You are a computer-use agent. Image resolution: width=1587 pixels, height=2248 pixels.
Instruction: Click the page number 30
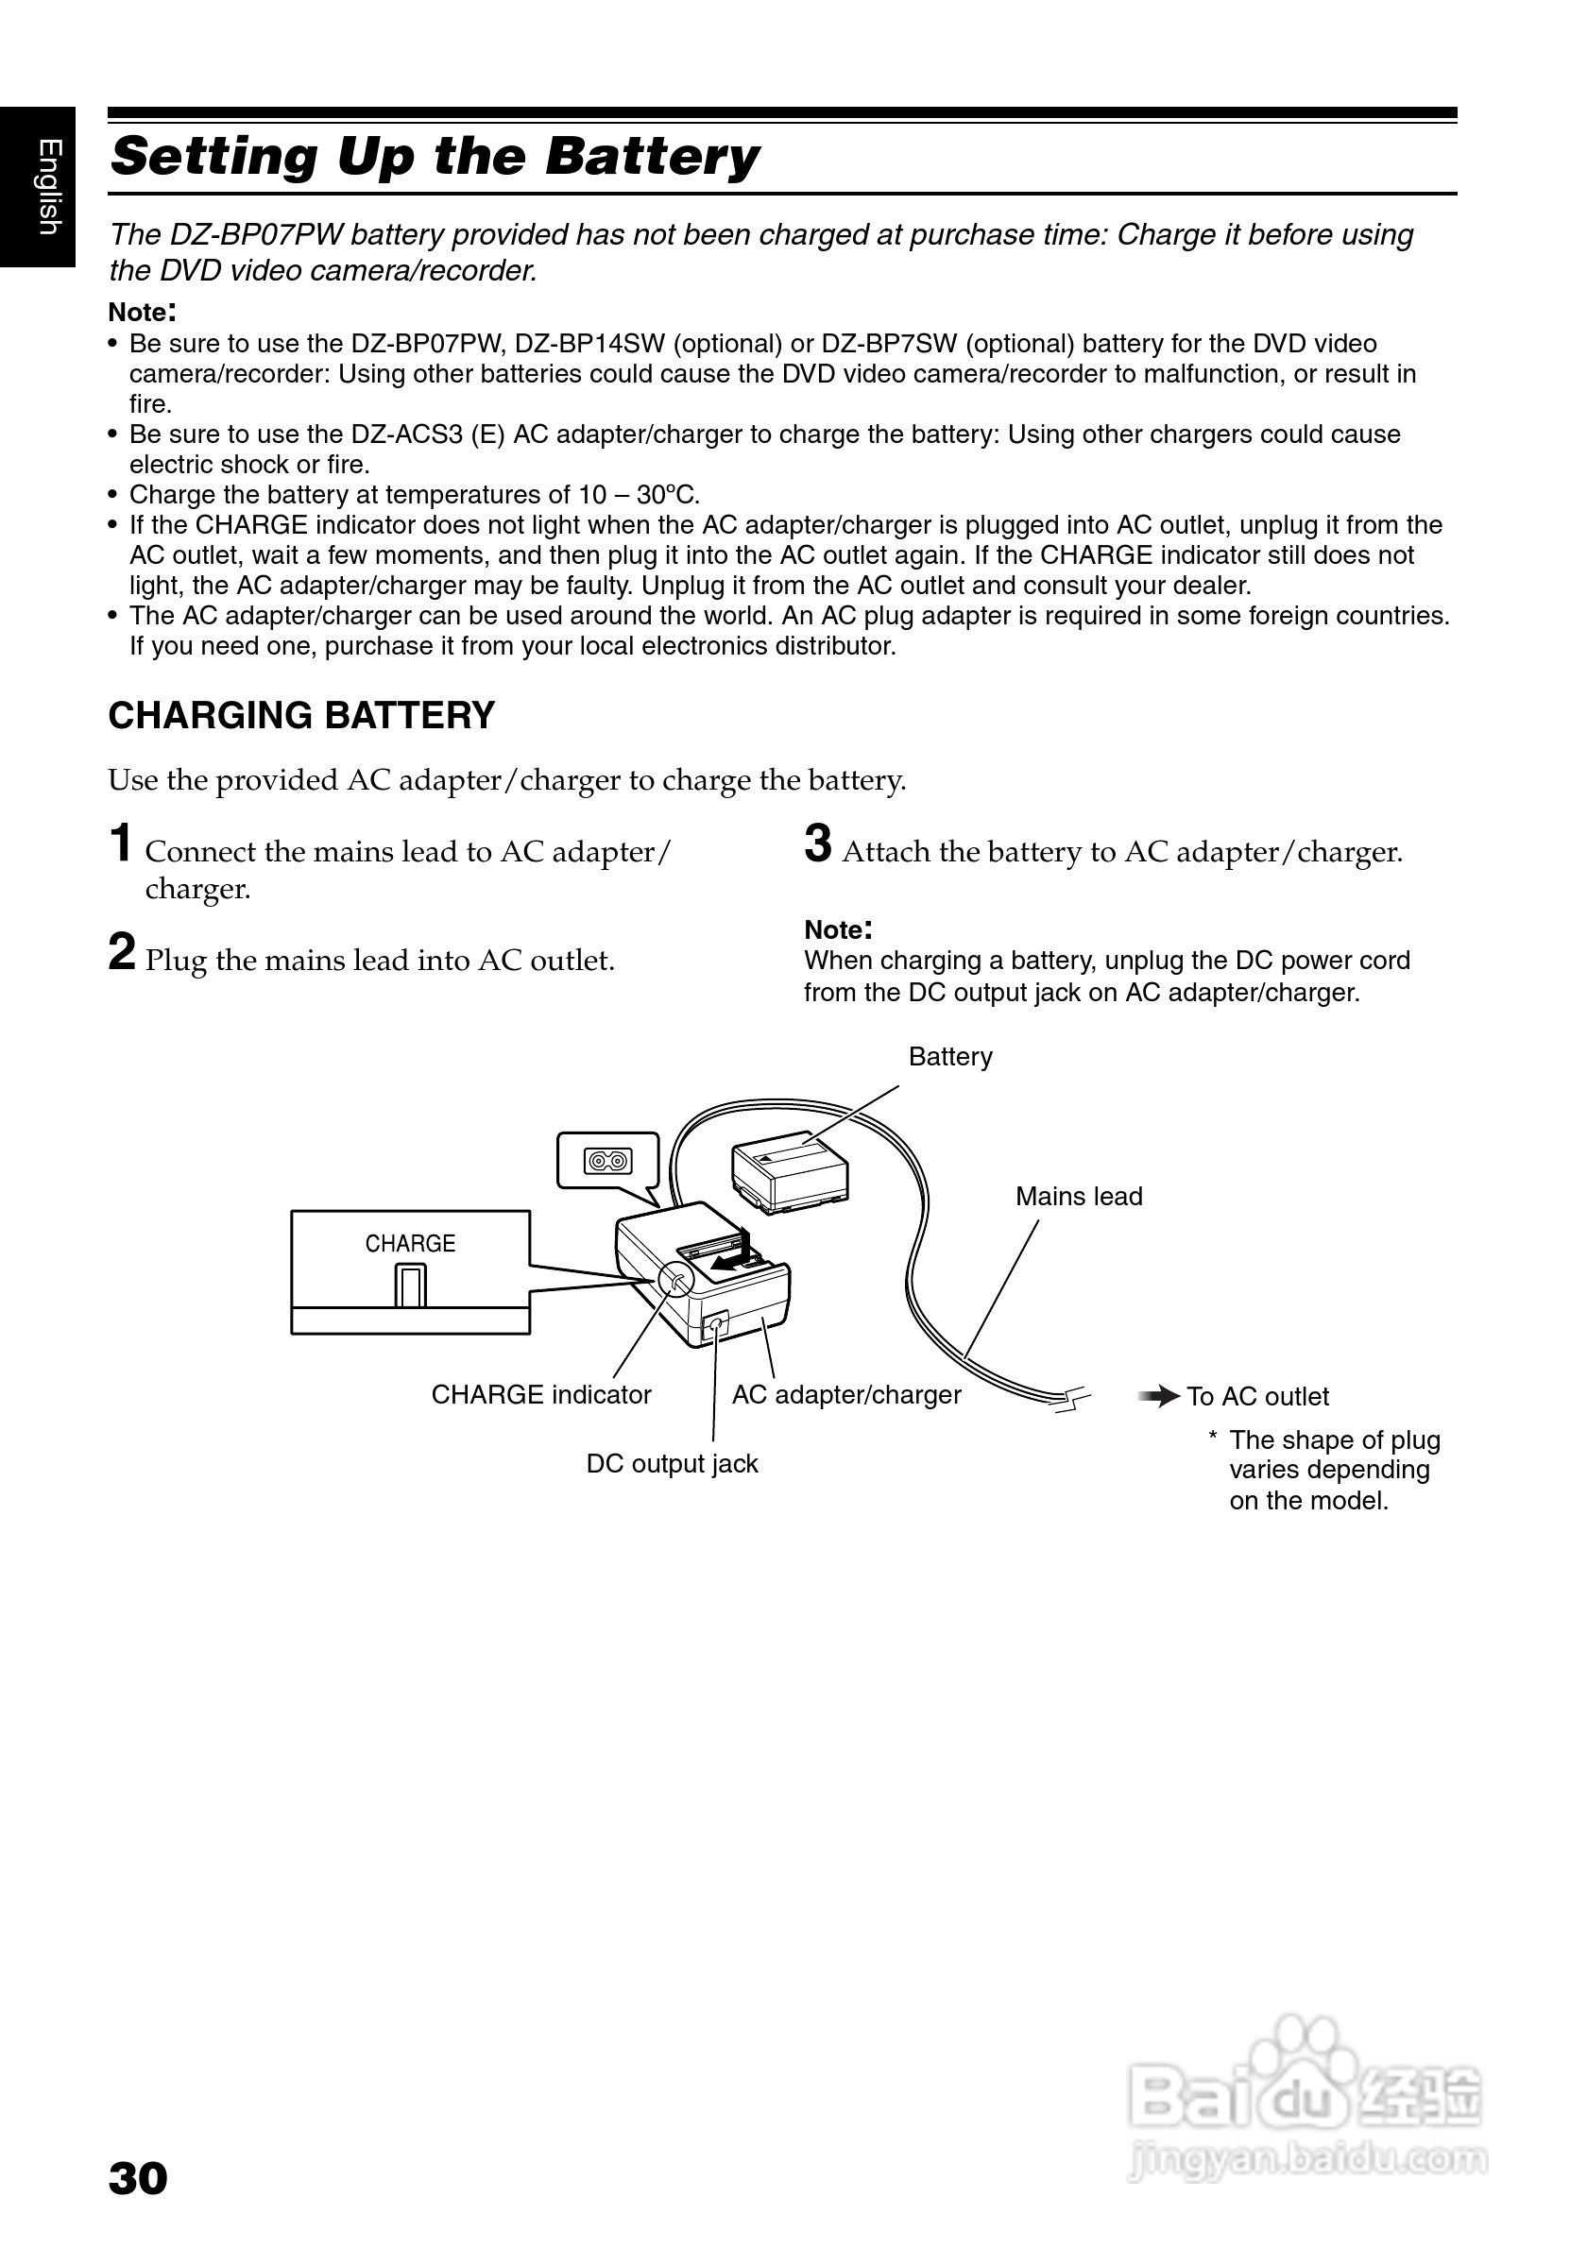138,2178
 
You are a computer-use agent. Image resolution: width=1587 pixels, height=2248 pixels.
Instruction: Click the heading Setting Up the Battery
435,157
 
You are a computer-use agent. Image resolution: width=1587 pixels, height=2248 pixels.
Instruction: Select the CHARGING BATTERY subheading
301,716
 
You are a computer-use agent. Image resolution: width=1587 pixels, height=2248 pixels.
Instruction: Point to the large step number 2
122,953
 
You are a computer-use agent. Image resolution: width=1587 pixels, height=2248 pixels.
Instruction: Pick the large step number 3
817,844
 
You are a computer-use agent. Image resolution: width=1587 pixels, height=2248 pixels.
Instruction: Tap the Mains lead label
1079,1197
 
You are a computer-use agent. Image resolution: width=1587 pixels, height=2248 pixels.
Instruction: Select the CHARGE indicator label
541,1395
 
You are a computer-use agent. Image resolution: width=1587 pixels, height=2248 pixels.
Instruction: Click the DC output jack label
672,1464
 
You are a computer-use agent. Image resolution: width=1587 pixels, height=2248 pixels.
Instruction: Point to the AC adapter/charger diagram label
846,1395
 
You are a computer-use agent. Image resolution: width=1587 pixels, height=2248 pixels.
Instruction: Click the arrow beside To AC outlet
1159,1396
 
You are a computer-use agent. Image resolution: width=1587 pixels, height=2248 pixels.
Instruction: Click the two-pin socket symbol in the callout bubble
608,1162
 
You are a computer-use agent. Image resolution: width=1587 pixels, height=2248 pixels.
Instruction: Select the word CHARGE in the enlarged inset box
410,1243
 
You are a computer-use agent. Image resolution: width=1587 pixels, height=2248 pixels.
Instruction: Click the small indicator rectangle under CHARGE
411,1286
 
